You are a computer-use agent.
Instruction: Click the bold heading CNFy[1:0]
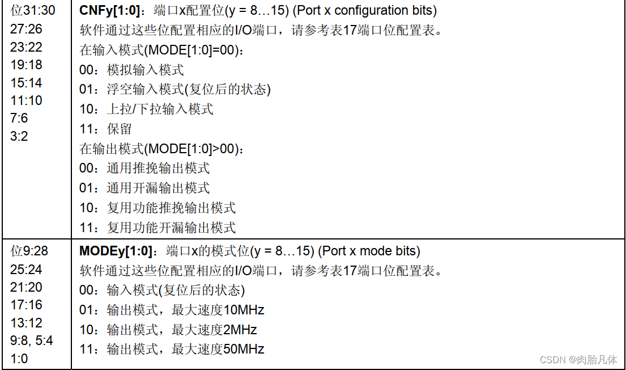(112, 11)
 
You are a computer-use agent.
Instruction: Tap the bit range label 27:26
(26, 29)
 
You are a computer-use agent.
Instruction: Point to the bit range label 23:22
(26, 47)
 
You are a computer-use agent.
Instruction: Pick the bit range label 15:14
(26, 83)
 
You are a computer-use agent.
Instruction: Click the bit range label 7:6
(19, 118)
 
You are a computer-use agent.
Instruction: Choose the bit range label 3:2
(19, 136)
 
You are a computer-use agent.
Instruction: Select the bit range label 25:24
(26, 269)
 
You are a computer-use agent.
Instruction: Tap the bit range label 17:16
(26, 305)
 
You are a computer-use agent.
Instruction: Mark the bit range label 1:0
(19, 359)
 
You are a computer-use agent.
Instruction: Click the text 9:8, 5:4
(32, 340)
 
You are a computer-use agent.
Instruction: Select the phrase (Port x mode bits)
(369, 251)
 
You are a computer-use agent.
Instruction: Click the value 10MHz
(244, 310)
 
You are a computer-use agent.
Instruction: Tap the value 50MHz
(244, 349)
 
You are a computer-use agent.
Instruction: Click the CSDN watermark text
(578, 360)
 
